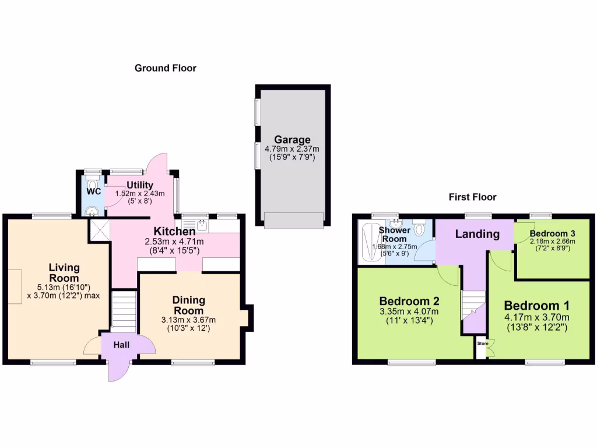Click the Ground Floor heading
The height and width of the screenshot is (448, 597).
tap(166, 68)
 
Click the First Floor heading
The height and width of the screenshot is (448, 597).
tap(472, 197)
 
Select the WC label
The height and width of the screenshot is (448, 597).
tap(93, 191)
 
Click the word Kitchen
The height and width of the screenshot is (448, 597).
tap(174, 231)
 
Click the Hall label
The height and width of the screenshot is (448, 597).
tap(121, 345)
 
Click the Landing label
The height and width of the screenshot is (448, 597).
tap(477, 235)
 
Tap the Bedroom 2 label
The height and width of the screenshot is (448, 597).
tap(409, 302)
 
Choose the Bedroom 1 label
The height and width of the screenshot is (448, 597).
tap(537, 306)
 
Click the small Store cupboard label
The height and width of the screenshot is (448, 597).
tap(482, 344)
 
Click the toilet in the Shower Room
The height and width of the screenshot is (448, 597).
tap(419, 229)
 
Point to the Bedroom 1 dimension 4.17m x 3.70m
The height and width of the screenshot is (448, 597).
tap(537, 318)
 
